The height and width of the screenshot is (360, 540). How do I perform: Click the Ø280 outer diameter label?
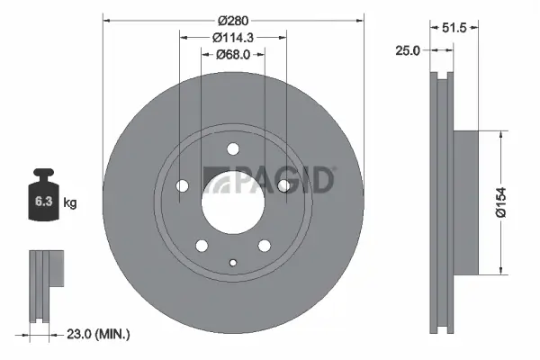coord(233,19)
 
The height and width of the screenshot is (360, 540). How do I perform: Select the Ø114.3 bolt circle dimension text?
coord(233,38)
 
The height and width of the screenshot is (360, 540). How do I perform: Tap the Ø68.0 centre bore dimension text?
coord(233,56)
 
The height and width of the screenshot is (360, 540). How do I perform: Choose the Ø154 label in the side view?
coord(509,203)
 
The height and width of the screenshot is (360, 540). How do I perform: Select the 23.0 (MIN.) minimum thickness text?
coord(100,335)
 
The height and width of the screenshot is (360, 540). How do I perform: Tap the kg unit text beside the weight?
coord(70,203)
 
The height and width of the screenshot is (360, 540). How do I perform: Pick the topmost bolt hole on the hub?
coord(233,149)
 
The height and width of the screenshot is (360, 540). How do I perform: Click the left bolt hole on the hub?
coord(183,186)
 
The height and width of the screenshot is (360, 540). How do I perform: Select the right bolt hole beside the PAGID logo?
coord(283,185)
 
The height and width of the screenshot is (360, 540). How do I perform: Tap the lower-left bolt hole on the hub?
coord(202,245)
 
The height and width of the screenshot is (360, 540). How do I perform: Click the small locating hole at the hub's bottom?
coord(233,263)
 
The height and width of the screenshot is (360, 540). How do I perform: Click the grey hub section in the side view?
coord(464,203)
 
